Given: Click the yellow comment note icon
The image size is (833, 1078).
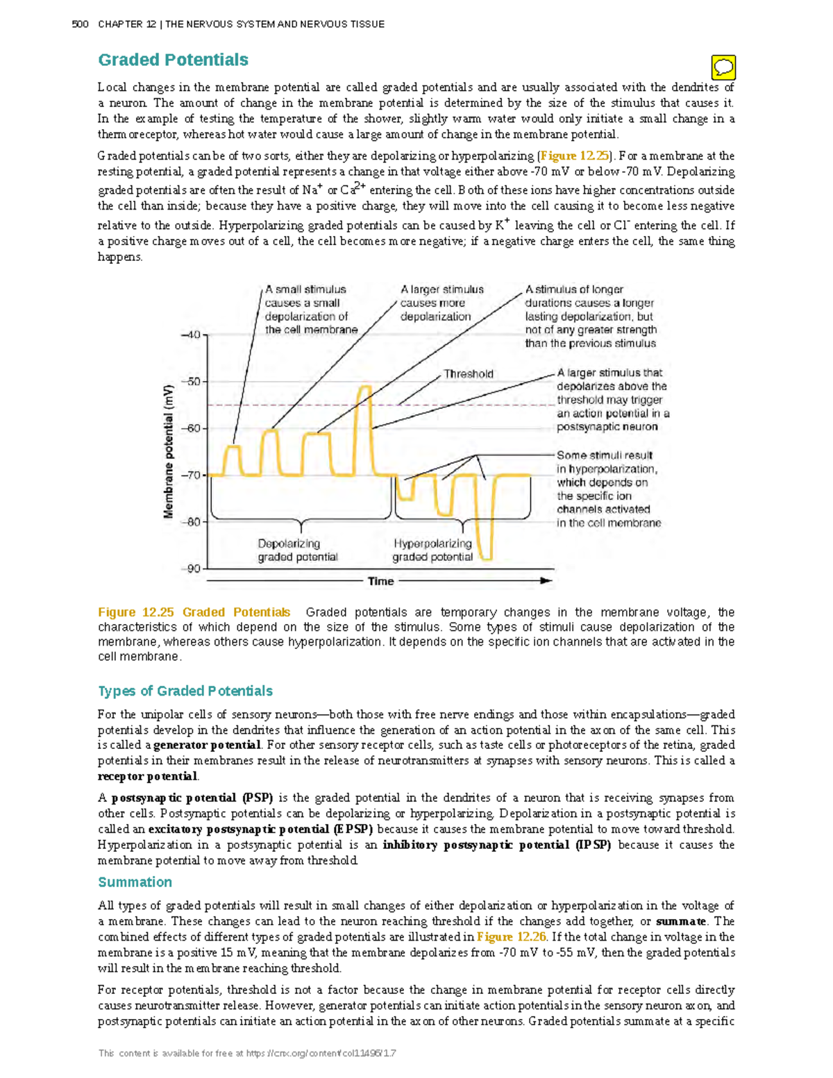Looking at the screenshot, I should (x=723, y=67).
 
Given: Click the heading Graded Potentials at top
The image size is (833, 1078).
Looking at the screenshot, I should (x=173, y=60).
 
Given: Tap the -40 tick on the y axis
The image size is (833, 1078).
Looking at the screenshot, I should (x=191, y=335).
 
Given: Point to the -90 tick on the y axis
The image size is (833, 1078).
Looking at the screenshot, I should (x=191, y=569).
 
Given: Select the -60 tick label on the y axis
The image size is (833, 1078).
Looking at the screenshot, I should (x=191, y=428).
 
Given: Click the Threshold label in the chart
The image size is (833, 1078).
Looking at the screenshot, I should (x=469, y=374).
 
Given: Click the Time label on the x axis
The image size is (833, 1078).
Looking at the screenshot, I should (x=380, y=581).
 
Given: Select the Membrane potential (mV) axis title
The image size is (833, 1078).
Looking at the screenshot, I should (x=169, y=451).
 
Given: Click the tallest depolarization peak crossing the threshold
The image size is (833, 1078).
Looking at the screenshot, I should (x=364, y=388).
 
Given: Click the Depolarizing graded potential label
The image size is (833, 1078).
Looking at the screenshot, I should (x=298, y=550).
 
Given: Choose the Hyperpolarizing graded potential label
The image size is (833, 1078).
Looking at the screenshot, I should (x=432, y=550).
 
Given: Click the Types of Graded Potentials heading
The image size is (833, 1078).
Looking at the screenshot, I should (x=185, y=691).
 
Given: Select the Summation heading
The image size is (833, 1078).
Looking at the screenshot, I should (x=135, y=882).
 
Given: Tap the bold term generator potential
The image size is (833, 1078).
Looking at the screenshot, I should (x=207, y=746).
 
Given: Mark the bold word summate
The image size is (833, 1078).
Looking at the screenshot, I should (x=682, y=921).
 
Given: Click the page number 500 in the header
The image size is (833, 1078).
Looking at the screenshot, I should (x=80, y=24).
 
